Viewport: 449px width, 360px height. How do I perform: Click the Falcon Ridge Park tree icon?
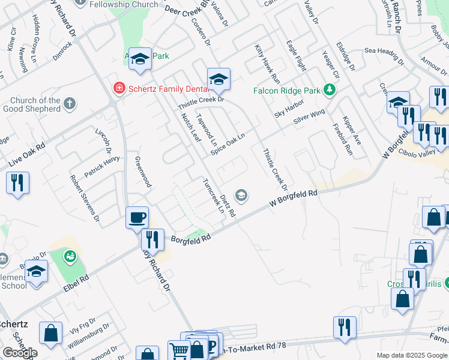tap(329, 91)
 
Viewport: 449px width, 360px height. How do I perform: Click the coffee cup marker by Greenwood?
tap(137, 217)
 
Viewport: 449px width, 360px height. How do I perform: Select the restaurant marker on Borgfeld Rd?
tap(152, 240)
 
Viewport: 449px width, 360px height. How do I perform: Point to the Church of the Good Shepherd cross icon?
tap(70, 103)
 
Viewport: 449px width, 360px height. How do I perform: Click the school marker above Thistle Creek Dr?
tap(218, 79)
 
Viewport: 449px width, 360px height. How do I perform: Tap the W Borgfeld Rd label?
tap(293, 199)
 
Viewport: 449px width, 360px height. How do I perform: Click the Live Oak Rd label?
tap(28, 155)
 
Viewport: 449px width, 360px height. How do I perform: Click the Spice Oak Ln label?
tap(228, 145)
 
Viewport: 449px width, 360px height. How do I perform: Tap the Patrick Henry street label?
tap(101, 167)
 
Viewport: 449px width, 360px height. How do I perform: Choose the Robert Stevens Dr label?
tap(84, 199)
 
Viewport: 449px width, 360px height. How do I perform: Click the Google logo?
tap(20, 353)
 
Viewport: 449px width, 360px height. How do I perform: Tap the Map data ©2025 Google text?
tap(411, 355)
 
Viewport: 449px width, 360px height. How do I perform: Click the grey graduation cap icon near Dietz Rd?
tap(241, 194)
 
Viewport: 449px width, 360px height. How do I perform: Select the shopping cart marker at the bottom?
tap(179, 351)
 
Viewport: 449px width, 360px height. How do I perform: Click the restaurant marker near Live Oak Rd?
tap(17, 182)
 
